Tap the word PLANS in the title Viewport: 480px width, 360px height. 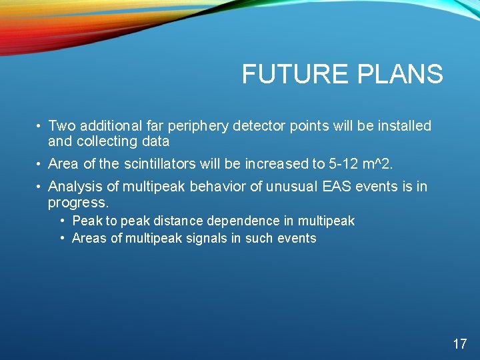coord(400,75)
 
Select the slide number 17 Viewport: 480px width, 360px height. coord(459,344)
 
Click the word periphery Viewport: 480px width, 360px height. coord(198,126)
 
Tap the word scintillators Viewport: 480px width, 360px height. coord(159,164)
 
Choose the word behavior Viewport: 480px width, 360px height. coord(217,187)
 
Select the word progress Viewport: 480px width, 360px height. coord(77,202)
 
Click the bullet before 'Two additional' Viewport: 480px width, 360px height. coord(41,126)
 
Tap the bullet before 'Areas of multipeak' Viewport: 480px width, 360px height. coord(62,238)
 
